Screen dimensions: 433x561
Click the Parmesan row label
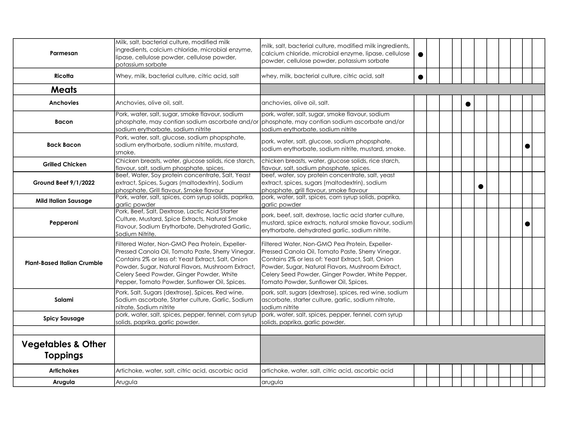64,53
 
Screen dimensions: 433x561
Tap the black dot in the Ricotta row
420,77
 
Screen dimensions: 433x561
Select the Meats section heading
64,90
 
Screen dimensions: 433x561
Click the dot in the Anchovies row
468,104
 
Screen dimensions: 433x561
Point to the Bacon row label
64,122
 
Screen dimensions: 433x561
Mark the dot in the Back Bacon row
527,146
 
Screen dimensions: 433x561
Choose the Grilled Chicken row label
65,164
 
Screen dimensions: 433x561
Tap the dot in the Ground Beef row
481,186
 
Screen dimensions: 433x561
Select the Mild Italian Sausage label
64,201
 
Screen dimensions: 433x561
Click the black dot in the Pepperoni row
527,224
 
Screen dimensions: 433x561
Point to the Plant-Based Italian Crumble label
64,263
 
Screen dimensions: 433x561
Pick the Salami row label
64,300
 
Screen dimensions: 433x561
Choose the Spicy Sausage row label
64,318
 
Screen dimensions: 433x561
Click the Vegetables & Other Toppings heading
64,350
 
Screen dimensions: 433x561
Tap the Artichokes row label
64,371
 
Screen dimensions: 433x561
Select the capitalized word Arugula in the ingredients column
127,382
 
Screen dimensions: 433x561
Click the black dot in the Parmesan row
420,54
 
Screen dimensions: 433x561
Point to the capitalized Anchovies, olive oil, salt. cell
150,103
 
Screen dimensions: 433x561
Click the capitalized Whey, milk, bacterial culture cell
177,76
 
